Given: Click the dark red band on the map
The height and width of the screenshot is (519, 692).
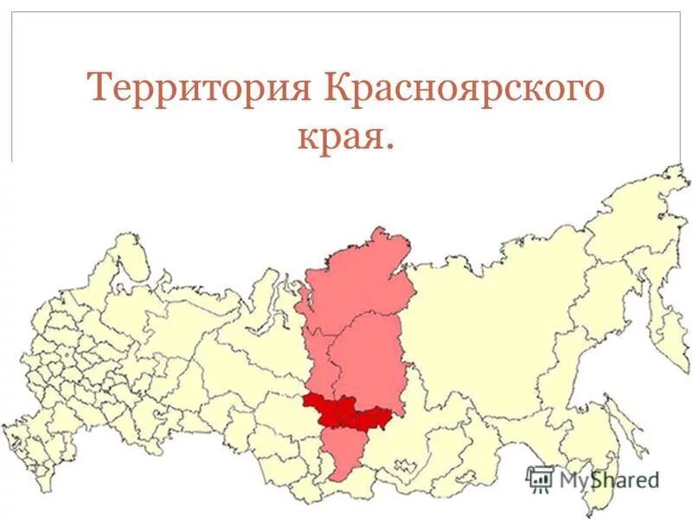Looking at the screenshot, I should (x=346, y=411).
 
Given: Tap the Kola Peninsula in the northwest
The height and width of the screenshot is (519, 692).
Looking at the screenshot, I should (x=125, y=259).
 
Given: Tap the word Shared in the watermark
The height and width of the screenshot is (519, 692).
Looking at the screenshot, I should (x=625, y=478).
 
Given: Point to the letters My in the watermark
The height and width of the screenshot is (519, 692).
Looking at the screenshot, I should (x=571, y=478).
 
